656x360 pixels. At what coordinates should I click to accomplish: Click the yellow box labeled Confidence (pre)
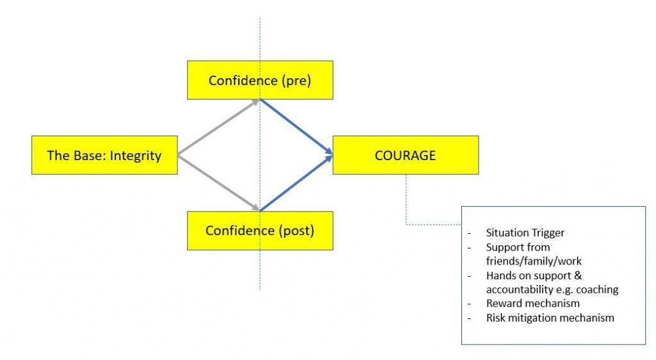[x=259, y=80]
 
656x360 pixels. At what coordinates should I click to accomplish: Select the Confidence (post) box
[x=259, y=231]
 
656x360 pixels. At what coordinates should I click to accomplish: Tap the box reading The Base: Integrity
[x=104, y=155]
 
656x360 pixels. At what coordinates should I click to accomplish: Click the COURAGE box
[x=406, y=155]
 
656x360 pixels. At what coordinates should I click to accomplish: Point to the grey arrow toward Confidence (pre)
[x=218, y=127]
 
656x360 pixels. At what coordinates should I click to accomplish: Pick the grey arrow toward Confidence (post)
[x=218, y=183]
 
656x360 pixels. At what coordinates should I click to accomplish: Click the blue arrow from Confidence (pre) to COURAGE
[x=296, y=127]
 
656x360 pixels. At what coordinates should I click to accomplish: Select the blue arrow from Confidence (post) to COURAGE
[x=296, y=183]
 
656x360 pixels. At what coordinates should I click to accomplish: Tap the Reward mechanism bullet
[x=533, y=303]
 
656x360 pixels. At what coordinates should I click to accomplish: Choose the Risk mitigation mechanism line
[x=550, y=317]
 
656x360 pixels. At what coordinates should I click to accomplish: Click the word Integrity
[x=135, y=155]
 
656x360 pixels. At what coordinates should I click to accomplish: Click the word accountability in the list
[x=520, y=289]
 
